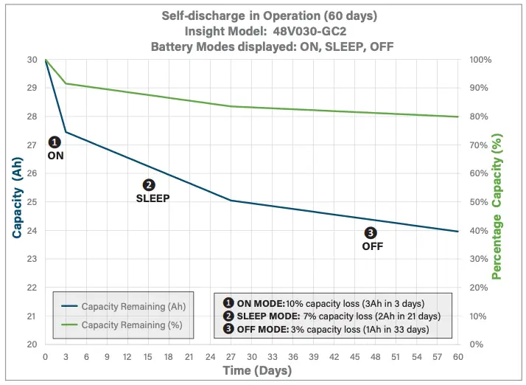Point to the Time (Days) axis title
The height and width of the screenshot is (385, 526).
click(253, 370)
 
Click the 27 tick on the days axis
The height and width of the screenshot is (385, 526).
click(231, 356)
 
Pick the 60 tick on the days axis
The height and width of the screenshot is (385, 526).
click(457, 356)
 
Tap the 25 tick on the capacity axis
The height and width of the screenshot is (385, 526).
click(32, 201)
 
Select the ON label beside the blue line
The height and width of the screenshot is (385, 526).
click(55, 156)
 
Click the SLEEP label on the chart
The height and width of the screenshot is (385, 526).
click(152, 198)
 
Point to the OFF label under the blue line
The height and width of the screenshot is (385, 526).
click(373, 246)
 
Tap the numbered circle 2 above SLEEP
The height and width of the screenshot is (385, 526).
click(148, 185)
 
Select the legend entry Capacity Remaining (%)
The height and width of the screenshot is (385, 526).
click(132, 325)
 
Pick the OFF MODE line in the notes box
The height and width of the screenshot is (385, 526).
click(325, 330)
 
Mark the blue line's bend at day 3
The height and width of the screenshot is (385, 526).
click(66, 132)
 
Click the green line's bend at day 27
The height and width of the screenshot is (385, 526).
click(231, 106)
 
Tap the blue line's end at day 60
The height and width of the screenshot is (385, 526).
click(457, 232)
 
